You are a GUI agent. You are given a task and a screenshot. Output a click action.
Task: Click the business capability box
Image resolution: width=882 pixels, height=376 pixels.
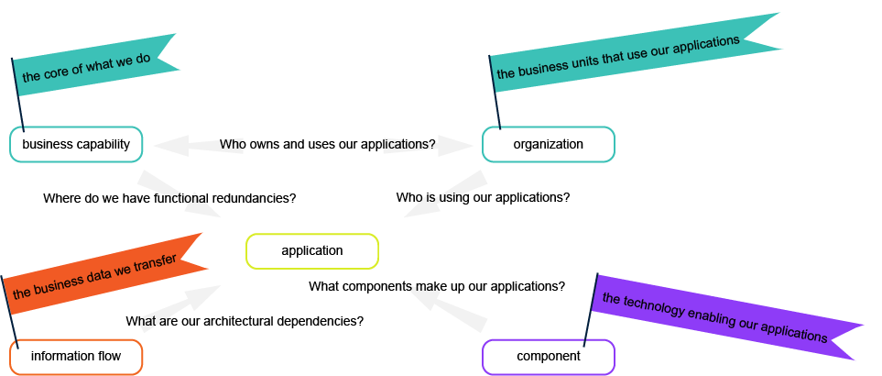coord(76,145)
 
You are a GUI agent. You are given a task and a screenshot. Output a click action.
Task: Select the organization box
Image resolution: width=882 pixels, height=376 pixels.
coord(548,145)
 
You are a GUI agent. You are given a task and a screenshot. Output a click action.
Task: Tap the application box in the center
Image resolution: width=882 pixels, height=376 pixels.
coord(311,251)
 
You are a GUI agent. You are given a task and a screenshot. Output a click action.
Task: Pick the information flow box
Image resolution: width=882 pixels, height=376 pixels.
coord(76,357)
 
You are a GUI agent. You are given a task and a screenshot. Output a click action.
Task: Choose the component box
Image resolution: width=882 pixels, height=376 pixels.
coord(548,357)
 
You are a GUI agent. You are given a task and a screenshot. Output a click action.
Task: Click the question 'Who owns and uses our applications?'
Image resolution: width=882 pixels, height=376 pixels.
coord(327,145)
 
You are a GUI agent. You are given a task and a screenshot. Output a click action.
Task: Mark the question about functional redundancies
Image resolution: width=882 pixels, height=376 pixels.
coord(169,198)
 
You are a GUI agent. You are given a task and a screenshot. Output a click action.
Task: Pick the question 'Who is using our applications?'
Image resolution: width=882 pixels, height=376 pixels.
coord(483,197)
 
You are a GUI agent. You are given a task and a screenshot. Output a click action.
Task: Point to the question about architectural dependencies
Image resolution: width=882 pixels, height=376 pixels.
coord(245,321)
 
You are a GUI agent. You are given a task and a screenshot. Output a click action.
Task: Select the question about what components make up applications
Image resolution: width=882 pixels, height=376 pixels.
coord(436,286)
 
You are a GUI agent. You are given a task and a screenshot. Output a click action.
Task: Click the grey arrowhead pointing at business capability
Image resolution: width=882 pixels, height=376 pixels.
coord(169,145)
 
